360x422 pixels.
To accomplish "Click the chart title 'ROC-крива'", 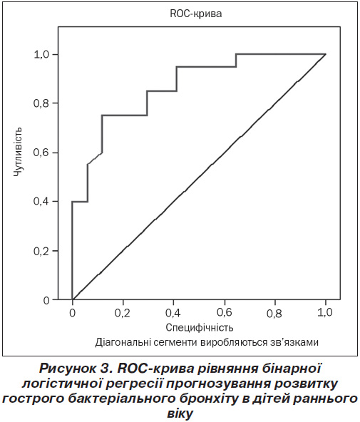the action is point(196,14).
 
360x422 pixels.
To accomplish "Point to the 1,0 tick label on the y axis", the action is point(41,55).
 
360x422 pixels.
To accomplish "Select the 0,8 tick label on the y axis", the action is point(41,103).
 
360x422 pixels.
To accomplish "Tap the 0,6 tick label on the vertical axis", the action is point(41,153).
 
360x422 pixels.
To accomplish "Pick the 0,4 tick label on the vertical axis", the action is point(41,201).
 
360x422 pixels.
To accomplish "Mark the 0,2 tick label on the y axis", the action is point(41,251).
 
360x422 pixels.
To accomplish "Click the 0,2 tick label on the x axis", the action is point(122,313).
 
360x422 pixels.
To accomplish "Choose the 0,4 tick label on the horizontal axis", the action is point(173,313).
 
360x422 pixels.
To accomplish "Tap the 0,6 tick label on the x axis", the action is point(224,312).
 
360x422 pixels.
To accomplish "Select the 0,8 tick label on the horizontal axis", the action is point(274,314).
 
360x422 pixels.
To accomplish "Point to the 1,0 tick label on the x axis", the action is point(324,312).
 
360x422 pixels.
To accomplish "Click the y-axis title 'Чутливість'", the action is point(19,152).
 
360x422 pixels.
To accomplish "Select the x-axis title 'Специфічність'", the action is point(200,327).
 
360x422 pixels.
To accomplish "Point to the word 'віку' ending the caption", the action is point(180,413).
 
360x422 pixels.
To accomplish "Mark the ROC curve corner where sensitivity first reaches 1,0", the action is point(236,54).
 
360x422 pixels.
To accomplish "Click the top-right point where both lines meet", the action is point(326,54).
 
